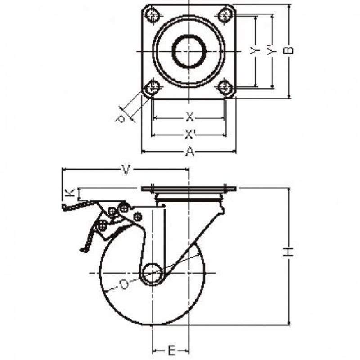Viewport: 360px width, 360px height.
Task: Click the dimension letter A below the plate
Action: coord(189,152)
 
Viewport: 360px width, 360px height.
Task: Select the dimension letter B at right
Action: coord(288,50)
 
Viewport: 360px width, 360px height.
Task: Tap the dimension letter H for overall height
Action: coord(288,252)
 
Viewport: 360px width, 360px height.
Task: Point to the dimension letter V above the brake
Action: coord(126,170)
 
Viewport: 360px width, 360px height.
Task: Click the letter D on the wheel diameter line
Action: coord(124,285)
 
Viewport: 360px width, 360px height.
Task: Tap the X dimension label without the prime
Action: coord(189,117)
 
